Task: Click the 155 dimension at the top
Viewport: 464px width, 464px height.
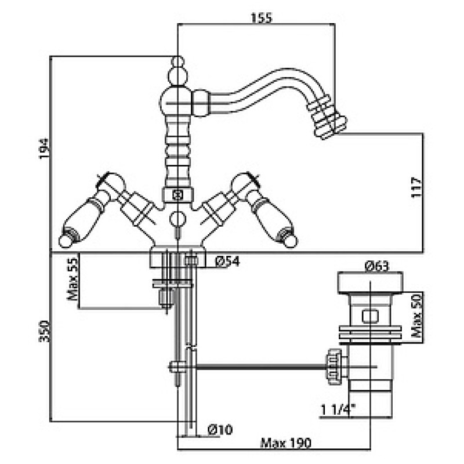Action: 262,18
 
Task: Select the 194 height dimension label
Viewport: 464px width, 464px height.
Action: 45,148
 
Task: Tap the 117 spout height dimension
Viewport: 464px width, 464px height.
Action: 416,187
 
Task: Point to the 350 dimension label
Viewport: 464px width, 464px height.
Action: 45,331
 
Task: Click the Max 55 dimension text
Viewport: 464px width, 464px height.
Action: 72,279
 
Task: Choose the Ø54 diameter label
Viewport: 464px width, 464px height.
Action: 227,262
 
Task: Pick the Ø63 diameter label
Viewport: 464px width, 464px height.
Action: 376,266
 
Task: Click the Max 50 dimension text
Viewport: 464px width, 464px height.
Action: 417,316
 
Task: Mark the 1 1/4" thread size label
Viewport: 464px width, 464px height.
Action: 338,410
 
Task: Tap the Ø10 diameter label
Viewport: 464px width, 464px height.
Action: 220,429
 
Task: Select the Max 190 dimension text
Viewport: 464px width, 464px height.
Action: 286,443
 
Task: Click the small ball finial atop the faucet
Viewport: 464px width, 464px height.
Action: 177,61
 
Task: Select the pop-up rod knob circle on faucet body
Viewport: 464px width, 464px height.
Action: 177,219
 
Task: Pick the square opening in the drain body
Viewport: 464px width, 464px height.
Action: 371,316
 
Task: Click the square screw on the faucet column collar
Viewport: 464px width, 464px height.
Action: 178,195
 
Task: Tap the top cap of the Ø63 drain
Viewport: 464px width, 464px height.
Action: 371,282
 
